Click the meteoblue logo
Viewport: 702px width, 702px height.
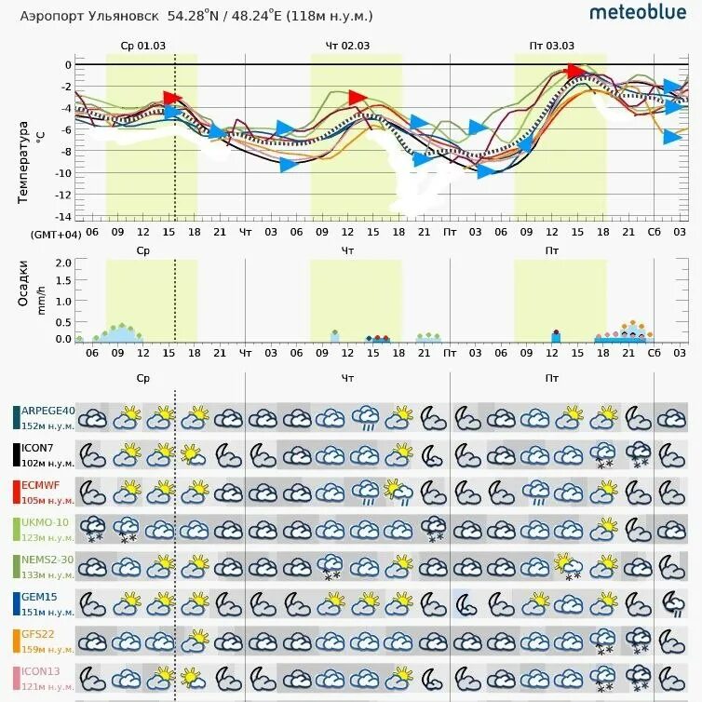point(638,12)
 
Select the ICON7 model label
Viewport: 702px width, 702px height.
point(42,448)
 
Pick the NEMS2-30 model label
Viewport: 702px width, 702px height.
point(47,560)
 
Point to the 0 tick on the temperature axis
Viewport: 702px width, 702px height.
point(67,65)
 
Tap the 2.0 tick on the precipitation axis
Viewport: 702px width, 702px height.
point(63,263)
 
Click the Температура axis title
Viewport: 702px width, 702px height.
point(23,162)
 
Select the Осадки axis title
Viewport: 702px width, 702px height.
point(23,282)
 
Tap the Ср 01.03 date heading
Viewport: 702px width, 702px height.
point(142,46)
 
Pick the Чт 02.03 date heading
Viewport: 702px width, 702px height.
point(347,46)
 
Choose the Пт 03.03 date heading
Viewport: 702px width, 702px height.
point(552,46)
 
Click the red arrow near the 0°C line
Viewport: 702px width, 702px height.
point(575,72)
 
